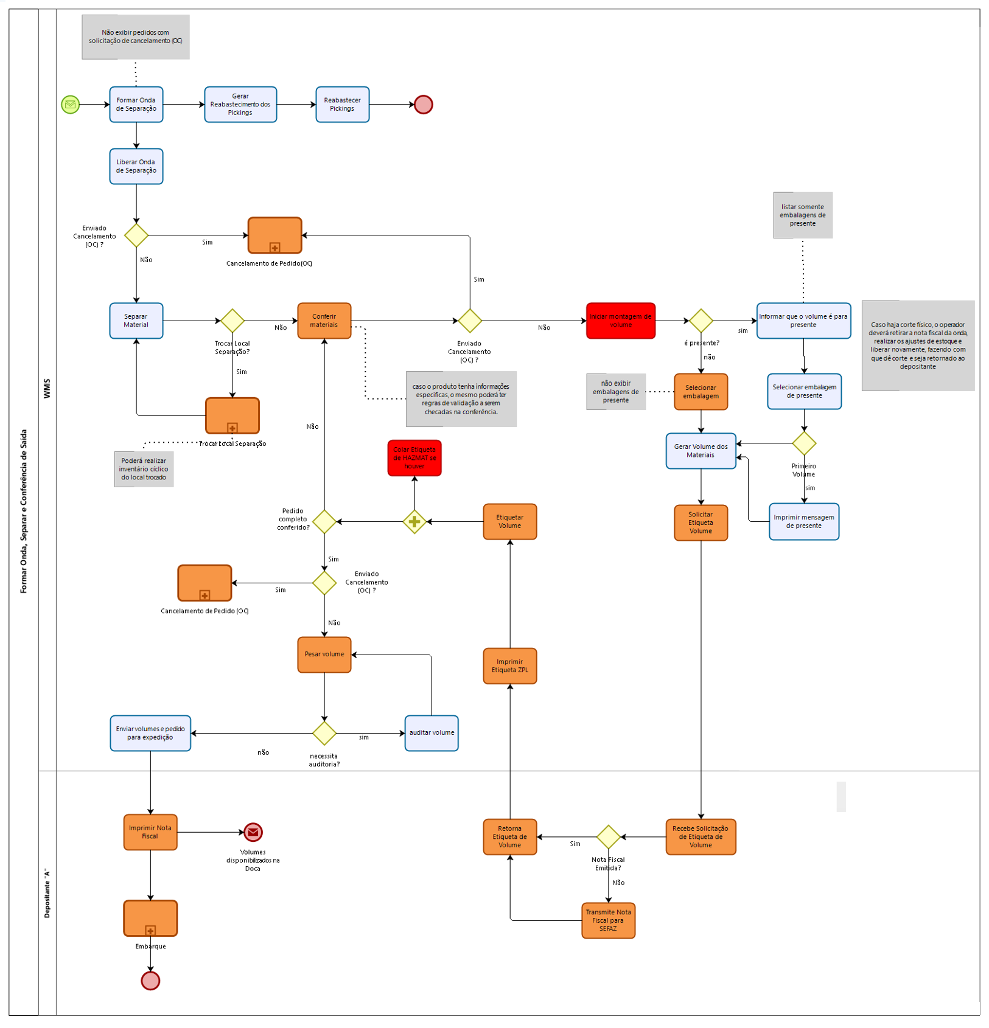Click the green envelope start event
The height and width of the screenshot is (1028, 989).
click(x=71, y=105)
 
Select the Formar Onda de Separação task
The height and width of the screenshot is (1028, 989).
click(x=136, y=105)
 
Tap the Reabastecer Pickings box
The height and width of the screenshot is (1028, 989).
click(x=342, y=105)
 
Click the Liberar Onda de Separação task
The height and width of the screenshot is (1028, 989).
click(x=136, y=166)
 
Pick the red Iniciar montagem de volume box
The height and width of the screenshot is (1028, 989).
click(x=620, y=321)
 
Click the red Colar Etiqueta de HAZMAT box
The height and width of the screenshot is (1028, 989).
click(x=414, y=458)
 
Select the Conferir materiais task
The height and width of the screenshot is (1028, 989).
click(x=324, y=321)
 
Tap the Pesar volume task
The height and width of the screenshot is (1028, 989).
click(x=324, y=655)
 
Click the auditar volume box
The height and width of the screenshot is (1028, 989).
click(x=432, y=733)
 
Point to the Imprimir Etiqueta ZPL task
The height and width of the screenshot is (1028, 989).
click(x=509, y=666)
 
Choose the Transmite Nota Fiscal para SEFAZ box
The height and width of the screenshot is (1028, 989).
click(x=608, y=920)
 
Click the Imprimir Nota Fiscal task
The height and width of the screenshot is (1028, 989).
click(x=150, y=832)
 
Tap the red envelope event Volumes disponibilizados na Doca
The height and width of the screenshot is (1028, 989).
click(x=253, y=832)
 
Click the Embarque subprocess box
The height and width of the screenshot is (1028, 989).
click(x=150, y=918)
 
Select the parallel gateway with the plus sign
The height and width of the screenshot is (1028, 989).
click(x=414, y=521)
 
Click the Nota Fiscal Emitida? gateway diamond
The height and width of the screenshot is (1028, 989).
click(x=608, y=837)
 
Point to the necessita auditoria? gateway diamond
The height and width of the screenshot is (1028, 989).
click(x=324, y=733)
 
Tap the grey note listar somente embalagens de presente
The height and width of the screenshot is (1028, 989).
click(x=803, y=215)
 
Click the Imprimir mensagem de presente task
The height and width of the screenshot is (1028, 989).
click(x=804, y=521)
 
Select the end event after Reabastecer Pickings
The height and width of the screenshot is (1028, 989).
click(x=423, y=105)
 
